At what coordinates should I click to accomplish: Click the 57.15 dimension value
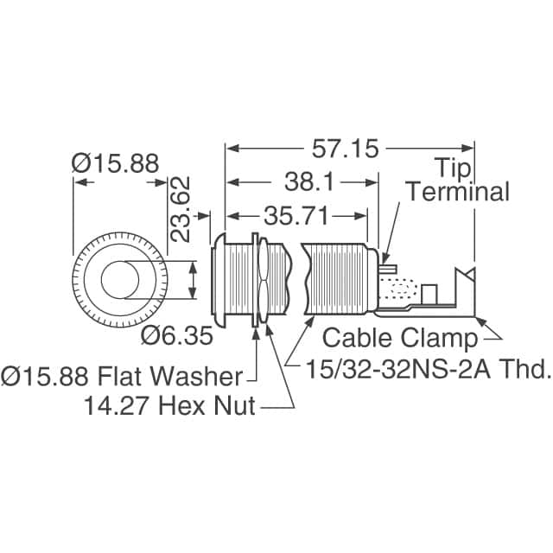click(343, 149)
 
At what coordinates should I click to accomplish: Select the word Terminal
click(458, 191)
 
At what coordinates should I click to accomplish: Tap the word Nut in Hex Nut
click(236, 405)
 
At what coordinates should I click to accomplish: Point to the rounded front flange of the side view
click(219, 281)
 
